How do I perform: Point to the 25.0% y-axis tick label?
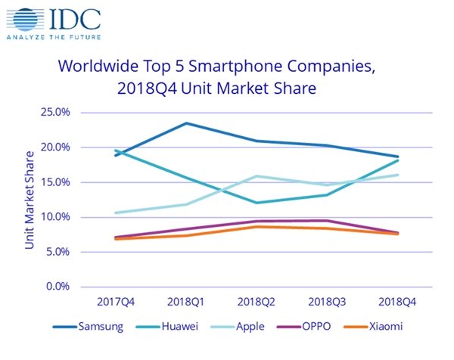tap(54, 113)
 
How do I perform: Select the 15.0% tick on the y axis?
tap(54, 182)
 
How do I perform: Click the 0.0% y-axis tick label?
tap(58, 287)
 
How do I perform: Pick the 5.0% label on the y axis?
tap(58, 252)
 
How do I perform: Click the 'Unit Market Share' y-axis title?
tap(30, 199)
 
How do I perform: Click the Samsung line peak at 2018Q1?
tap(186, 123)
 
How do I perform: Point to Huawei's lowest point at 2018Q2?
tap(257, 203)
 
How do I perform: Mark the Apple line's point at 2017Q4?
tap(115, 213)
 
